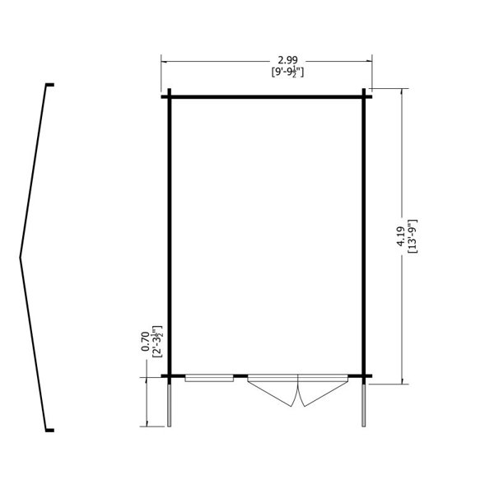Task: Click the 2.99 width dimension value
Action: pos(287,60)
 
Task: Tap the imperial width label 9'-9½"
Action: pos(287,72)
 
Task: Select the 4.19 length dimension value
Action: pos(401,236)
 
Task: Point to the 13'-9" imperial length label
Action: pos(412,236)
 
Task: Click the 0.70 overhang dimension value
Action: pos(145,341)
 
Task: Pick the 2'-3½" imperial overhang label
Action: pos(156,342)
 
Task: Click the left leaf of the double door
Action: pos(273,390)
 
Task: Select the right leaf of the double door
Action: pos(324,390)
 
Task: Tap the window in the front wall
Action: pos(209,378)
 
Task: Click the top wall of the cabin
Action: pos(267,96)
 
